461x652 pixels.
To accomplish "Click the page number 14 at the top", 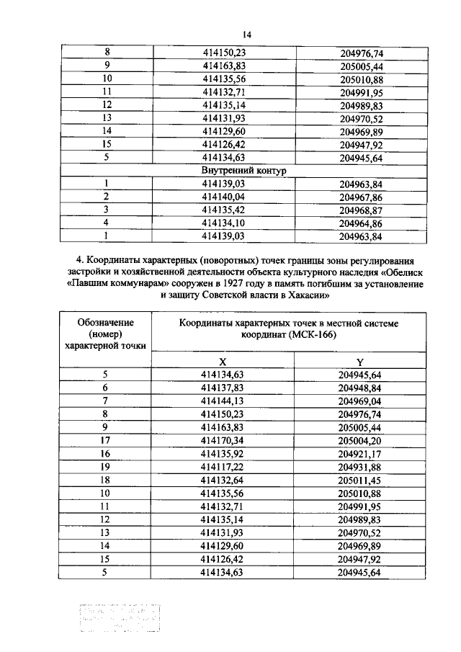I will (246, 34).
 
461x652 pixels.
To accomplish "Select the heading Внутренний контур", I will (246, 171).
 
